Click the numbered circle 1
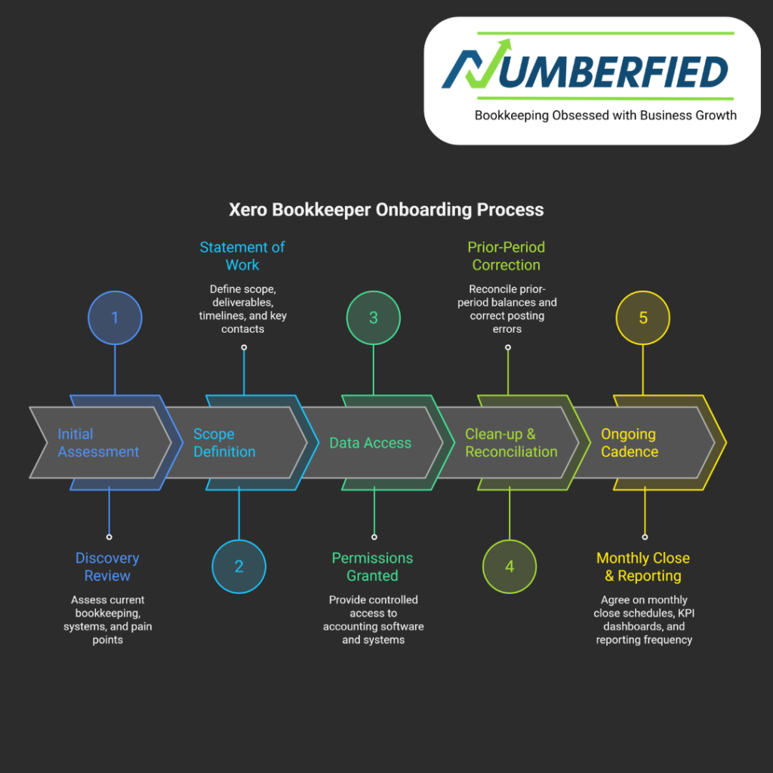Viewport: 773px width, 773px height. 115,318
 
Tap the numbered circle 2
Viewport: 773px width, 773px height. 239,566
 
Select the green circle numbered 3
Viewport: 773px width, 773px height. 373,318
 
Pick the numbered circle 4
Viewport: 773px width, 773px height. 510,566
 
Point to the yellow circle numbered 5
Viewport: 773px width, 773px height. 643,318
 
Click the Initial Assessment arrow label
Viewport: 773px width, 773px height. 98,443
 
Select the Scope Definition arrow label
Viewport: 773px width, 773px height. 224,443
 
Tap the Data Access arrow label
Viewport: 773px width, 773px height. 370,443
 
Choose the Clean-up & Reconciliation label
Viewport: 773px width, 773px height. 511,443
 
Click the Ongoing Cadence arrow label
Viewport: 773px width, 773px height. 630,443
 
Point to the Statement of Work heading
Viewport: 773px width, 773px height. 242,256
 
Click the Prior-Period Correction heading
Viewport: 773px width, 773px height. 506,256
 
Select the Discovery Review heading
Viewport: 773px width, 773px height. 107,567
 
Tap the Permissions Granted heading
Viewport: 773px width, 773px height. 372,567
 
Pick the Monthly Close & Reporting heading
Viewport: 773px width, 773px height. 643,567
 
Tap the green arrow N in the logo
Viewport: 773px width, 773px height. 472,72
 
